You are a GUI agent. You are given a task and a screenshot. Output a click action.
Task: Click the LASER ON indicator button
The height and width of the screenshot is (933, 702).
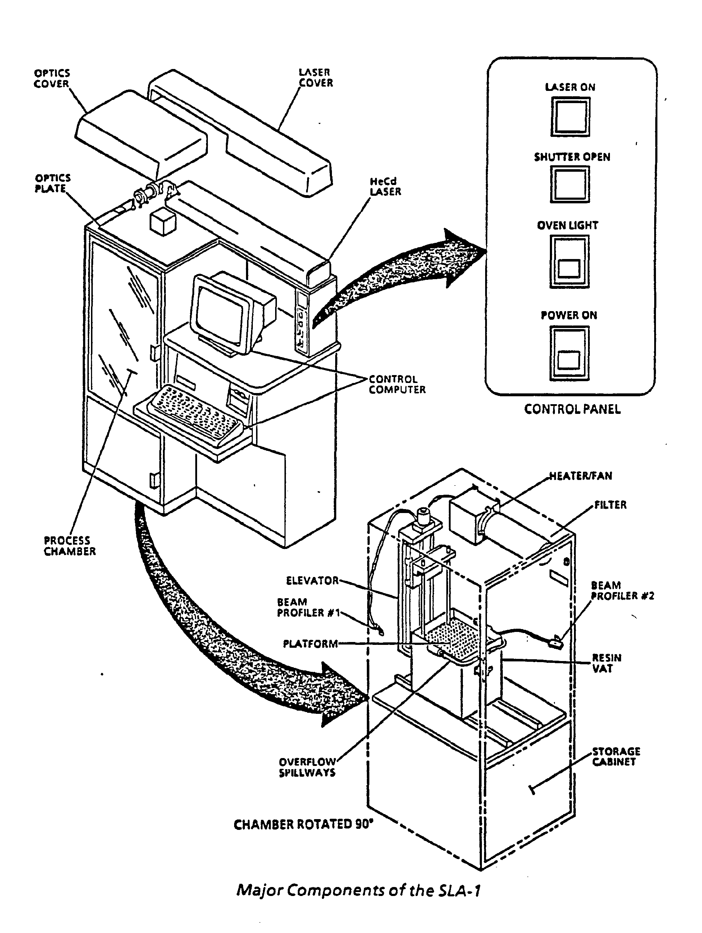pos(570,116)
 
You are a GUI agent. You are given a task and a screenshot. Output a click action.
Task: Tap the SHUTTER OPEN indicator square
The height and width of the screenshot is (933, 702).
pos(570,184)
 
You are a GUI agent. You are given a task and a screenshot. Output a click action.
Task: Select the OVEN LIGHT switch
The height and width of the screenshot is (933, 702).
pos(569,262)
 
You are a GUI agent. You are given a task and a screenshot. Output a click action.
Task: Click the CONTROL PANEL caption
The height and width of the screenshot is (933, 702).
pos(572,409)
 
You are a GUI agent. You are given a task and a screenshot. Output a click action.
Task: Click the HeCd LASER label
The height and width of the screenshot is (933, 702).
pos(385,186)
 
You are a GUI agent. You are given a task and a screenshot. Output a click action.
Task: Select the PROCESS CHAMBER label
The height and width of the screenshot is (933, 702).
pos(70,546)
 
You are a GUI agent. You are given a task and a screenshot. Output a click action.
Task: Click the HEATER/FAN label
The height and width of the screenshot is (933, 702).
pos(580,476)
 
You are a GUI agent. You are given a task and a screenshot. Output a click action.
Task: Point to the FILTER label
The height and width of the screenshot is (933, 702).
pos(610,505)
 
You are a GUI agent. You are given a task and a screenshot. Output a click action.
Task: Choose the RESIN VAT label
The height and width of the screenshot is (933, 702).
pos(607,663)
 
